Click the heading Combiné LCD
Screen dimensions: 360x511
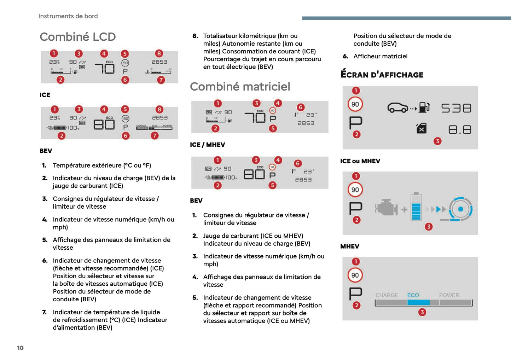coord(78,37)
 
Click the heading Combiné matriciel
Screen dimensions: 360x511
coord(240,87)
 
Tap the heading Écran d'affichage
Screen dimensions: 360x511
coord(382,75)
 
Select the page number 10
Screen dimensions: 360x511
coord(20,348)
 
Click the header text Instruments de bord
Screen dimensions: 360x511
coord(68,16)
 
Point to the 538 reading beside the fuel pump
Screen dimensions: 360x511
coord(456,108)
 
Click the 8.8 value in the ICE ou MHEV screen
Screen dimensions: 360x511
coord(459,130)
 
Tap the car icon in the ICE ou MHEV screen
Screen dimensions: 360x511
coord(398,108)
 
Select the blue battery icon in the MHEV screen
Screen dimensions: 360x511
coord(416,207)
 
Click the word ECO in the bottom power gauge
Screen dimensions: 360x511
coord(413,295)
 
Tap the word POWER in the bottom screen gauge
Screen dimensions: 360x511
coord(449,295)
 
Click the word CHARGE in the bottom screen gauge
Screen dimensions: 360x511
coord(387,295)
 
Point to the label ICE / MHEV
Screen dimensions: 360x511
coord(207,145)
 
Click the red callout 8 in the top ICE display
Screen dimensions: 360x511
coord(159,53)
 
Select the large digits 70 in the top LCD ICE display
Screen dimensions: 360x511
coord(104,68)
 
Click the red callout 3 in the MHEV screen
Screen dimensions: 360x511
coord(429,226)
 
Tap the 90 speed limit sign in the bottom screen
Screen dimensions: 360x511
coord(355,275)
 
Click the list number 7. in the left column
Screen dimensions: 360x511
coord(44,312)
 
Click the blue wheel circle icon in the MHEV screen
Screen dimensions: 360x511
coord(460,209)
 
